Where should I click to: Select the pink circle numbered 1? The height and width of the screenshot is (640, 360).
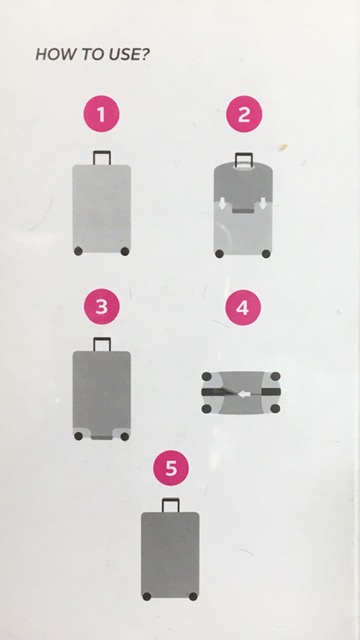(101, 114)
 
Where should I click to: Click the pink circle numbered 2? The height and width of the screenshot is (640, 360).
(244, 114)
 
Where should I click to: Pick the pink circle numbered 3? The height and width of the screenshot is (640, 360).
(102, 307)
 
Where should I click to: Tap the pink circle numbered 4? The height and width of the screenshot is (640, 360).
(243, 307)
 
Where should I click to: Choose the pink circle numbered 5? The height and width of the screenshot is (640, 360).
(171, 468)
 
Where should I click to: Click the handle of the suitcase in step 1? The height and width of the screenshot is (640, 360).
(102, 152)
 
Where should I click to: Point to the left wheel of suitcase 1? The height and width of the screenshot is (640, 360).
(78, 251)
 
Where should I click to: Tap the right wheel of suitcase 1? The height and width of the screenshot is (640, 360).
(125, 251)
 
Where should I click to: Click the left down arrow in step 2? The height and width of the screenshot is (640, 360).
(222, 204)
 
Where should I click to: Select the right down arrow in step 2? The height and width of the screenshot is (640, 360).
(263, 204)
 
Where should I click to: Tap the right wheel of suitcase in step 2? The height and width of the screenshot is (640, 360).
(266, 254)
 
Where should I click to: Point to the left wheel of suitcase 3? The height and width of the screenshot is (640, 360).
(78, 436)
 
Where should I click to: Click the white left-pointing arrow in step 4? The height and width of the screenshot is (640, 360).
(244, 394)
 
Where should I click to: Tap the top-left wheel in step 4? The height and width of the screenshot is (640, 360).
(207, 376)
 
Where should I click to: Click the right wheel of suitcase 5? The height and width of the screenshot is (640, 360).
(193, 596)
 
